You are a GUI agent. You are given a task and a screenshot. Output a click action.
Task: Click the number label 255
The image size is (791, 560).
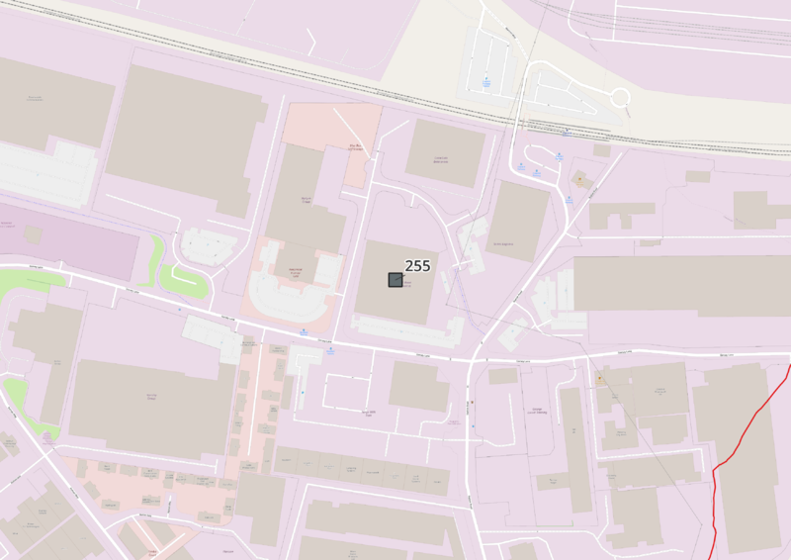point(417,265)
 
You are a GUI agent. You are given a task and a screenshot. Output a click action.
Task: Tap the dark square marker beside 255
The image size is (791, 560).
point(395,280)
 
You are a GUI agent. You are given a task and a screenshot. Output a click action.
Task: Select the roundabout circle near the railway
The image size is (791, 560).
point(620,97)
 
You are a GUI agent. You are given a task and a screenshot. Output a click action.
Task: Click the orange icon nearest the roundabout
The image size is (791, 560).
point(579,180)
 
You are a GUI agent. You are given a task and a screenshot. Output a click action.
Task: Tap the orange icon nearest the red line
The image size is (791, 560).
point(599,378)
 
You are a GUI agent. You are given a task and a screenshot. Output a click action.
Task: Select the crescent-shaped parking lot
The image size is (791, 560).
point(287,302)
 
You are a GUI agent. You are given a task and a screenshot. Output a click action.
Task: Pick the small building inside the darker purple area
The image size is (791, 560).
point(32,235)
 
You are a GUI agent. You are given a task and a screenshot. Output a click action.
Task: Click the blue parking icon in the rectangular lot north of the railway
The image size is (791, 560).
point(486,81)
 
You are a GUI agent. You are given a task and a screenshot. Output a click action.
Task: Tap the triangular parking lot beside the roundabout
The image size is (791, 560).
point(564,89)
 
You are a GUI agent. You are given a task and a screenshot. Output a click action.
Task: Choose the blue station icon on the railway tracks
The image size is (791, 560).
point(564,132)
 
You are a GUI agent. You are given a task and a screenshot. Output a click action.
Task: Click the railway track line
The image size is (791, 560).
point(297,70)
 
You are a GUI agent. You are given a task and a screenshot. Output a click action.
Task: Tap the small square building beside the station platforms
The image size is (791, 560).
point(602,150)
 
